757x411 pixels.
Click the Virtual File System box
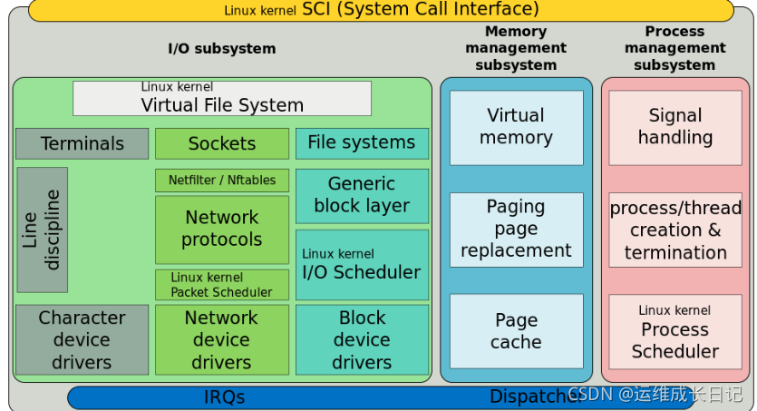[222, 98]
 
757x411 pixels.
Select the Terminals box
[82, 143]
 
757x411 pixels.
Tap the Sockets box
[222, 143]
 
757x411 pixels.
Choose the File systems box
[362, 142]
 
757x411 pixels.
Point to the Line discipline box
[43, 230]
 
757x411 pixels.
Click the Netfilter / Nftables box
[222, 180]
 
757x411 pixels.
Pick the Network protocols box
[222, 230]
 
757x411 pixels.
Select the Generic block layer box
[362, 195]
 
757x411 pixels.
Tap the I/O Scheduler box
[362, 264]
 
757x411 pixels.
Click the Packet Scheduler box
[222, 285]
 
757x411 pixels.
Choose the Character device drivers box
[82, 340]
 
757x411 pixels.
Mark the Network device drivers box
[222, 340]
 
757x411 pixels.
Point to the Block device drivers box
[362, 340]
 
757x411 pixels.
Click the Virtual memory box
[516, 127]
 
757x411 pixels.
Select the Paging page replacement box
[516, 229]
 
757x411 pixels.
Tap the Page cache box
[516, 331]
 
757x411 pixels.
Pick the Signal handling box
[675, 127]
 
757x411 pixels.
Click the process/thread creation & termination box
[675, 230]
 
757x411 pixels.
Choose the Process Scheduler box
[675, 331]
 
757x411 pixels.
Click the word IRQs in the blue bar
[224, 397]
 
